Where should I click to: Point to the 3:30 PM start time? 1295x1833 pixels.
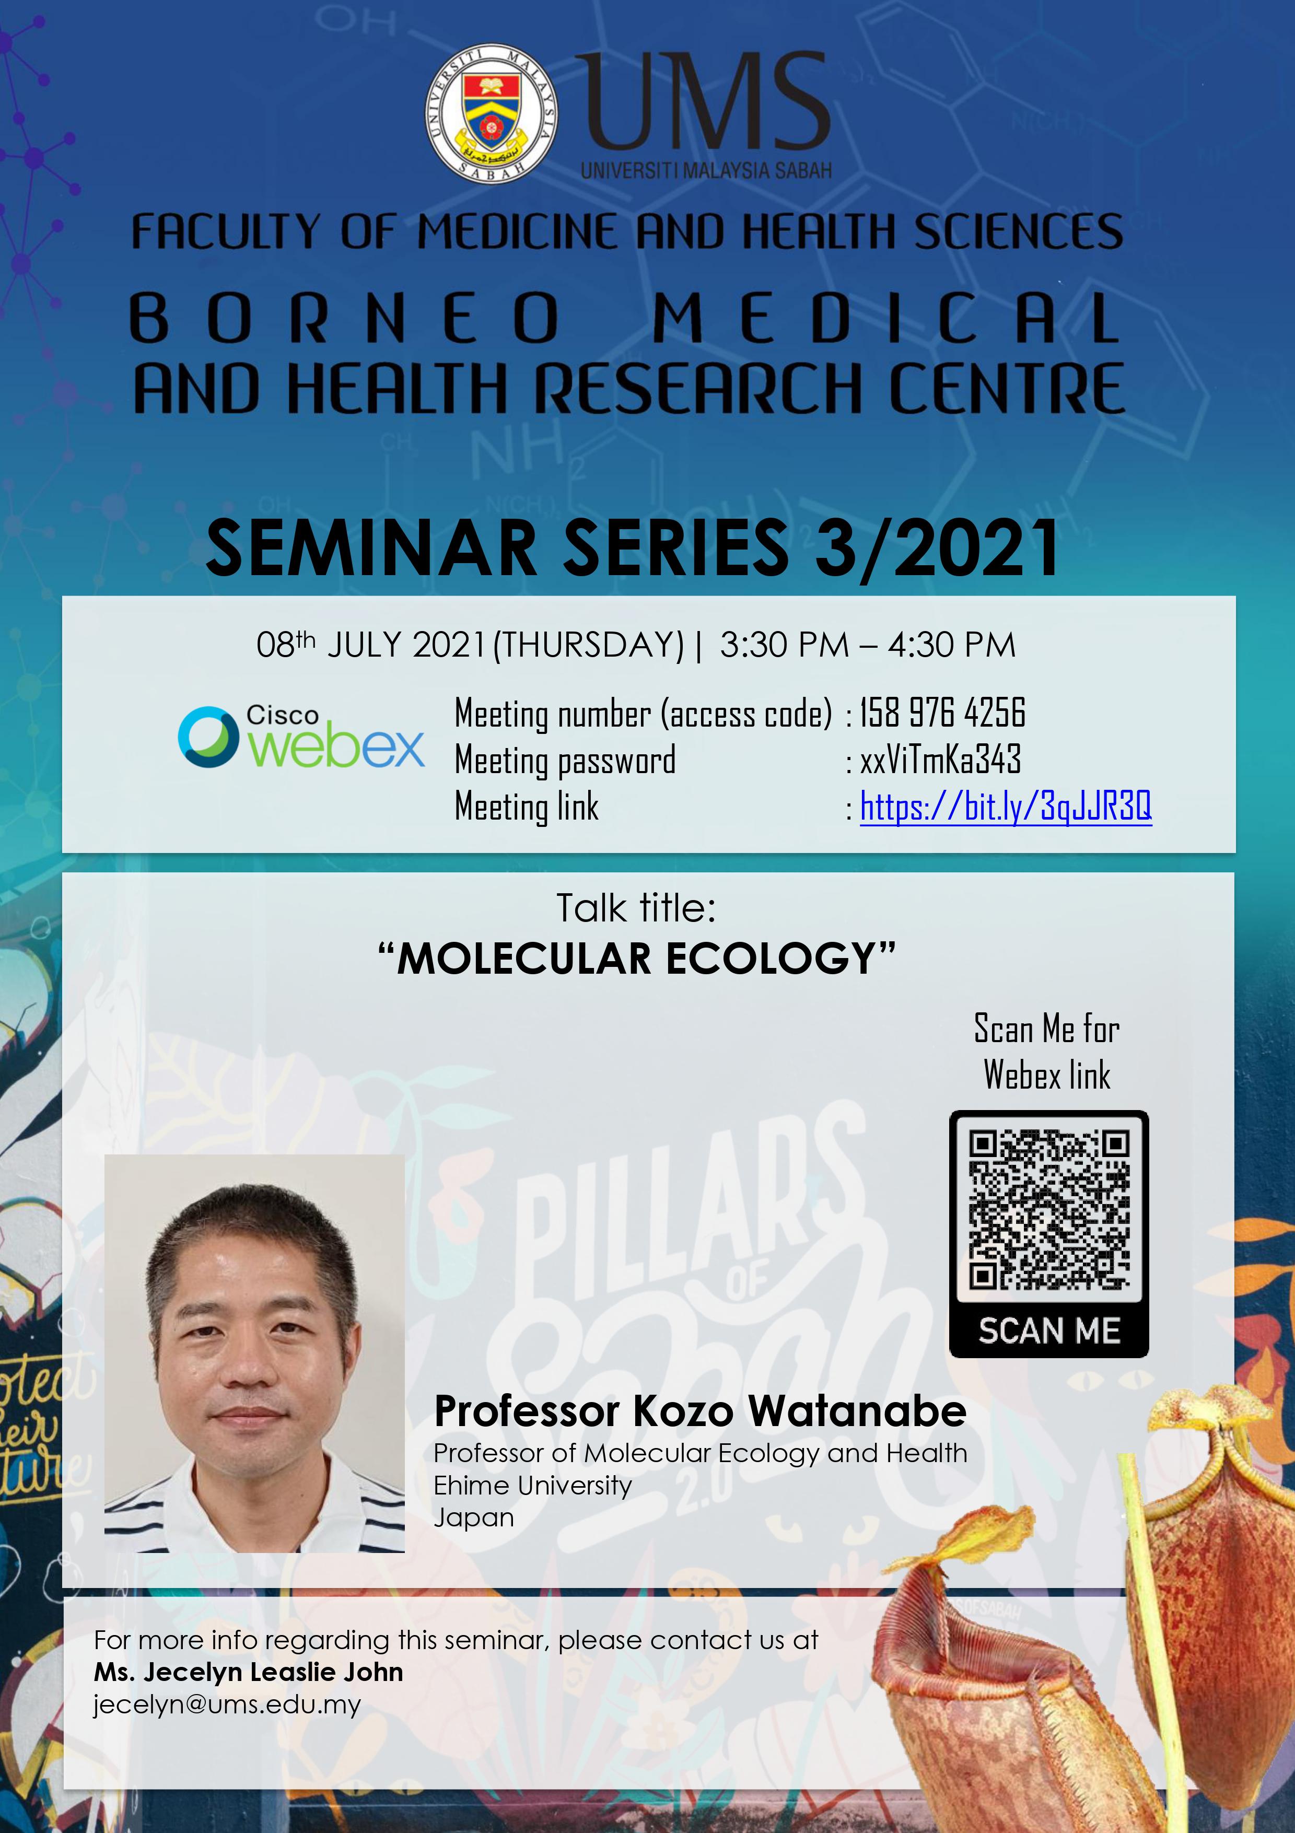(784, 645)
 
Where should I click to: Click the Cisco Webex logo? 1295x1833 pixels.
(301, 736)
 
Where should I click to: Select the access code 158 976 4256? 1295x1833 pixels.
(942, 713)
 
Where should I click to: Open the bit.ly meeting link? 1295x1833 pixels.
(1005, 807)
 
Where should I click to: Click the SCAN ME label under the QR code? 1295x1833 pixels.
(1049, 1331)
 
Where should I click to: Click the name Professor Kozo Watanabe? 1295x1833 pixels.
(699, 1411)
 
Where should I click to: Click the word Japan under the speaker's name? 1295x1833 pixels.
(473, 1517)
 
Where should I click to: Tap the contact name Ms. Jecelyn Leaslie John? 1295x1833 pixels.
(248, 1672)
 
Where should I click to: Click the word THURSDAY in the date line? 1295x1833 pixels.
(589, 645)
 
